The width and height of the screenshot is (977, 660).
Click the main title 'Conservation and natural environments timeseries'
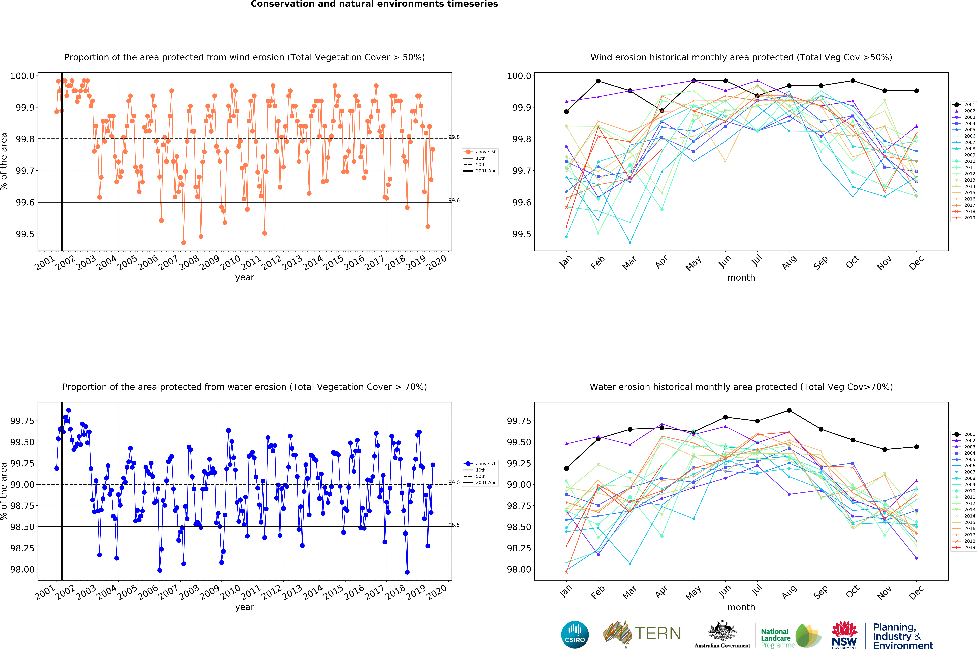[x=374, y=4]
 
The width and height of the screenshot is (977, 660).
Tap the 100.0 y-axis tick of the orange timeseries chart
[x=22, y=76]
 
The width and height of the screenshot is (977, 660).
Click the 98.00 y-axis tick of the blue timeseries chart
[x=22, y=569]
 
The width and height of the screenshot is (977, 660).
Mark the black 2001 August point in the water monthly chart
[x=789, y=410]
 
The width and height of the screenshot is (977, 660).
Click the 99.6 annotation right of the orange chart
[x=454, y=201]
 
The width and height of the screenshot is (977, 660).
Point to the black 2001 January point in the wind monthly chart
[x=566, y=112]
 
